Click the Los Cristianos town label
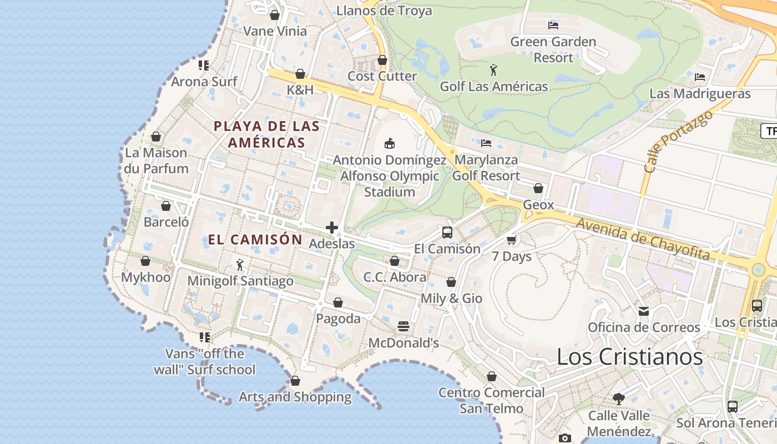(x=630, y=357)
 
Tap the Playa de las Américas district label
(x=266, y=134)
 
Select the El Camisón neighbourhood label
(x=255, y=240)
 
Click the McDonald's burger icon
(x=403, y=326)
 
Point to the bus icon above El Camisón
(x=447, y=233)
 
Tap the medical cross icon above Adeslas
(x=332, y=228)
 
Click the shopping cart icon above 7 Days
(x=512, y=240)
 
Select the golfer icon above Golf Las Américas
(x=493, y=70)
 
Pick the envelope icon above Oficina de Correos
(x=644, y=311)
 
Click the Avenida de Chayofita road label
(x=643, y=239)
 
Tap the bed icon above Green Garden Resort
(x=553, y=25)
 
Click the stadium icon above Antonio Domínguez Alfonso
(x=390, y=143)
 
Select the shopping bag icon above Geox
(x=538, y=189)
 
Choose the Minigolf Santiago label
(x=240, y=281)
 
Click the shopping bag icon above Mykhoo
(x=145, y=261)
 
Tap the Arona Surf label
(x=204, y=82)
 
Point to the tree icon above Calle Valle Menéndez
(x=619, y=398)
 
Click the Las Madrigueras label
(x=700, y=93)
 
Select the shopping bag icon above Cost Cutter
(x=382, y=60)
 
